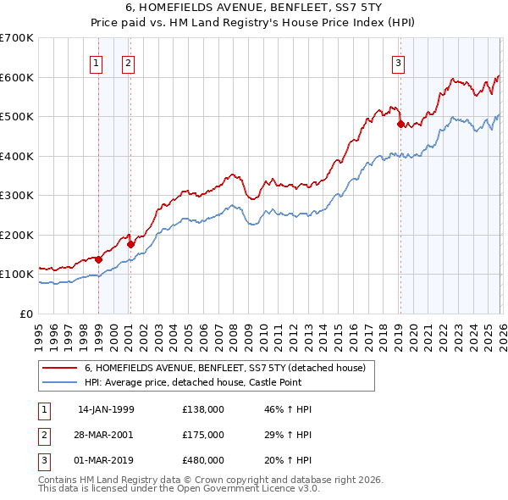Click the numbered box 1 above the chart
[96, 63]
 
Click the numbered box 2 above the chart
[128, 63]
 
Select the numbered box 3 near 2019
[397, 63]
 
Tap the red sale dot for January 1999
[98, 259]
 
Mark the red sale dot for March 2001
[131, 245]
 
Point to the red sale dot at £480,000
[400, 125]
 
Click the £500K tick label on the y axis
[17, 117]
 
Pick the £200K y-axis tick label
[17, 235]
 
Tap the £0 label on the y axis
[26, 314]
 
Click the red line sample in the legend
[59, 369]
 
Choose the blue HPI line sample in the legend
[59, 382]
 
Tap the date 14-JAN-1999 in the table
[106, 409]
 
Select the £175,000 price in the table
[202, 435]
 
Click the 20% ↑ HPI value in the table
[292, 460]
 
